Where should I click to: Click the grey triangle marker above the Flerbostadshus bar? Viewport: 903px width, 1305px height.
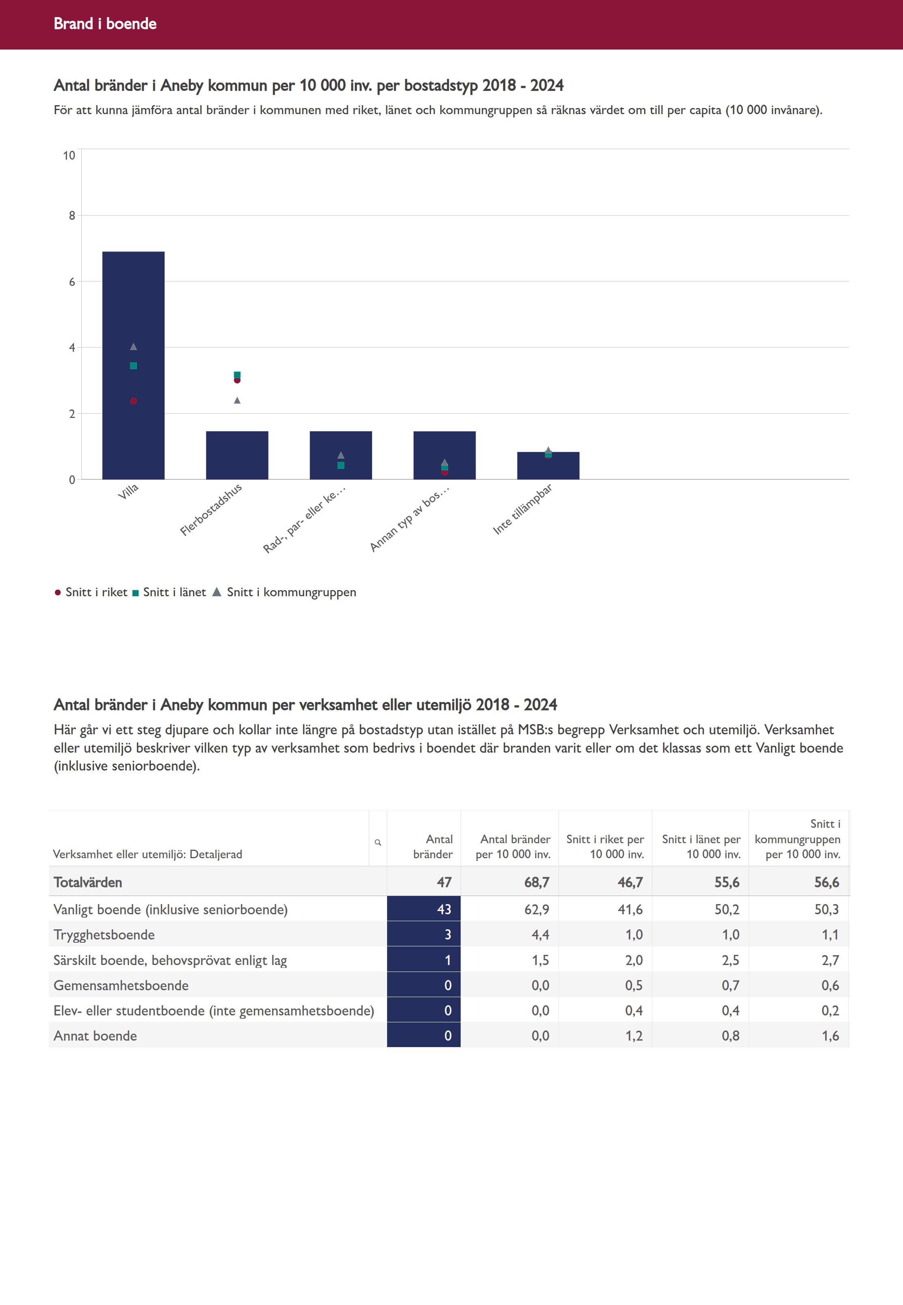coord(237,400)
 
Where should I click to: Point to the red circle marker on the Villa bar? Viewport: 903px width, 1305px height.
coord(134,401)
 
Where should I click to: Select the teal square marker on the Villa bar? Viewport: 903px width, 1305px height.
coord(134,366)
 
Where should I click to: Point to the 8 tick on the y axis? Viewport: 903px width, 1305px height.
coord(72,216)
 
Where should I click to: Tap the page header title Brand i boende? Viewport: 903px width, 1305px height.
coord(105,24)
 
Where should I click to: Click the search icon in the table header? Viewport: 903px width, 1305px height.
coord(378,842)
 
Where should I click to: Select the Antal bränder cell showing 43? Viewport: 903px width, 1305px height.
coord(444,909)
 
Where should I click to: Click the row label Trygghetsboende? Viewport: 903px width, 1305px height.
coord(104,935)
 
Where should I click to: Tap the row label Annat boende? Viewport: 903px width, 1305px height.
coord(95,1036)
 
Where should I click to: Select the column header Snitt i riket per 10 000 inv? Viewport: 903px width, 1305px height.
coord(605,846)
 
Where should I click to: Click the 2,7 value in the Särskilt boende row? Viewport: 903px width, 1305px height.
coord(830,960)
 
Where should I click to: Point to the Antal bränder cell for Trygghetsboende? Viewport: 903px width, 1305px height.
coord(447,935)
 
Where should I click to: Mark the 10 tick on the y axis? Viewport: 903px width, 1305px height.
coord(69,156)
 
